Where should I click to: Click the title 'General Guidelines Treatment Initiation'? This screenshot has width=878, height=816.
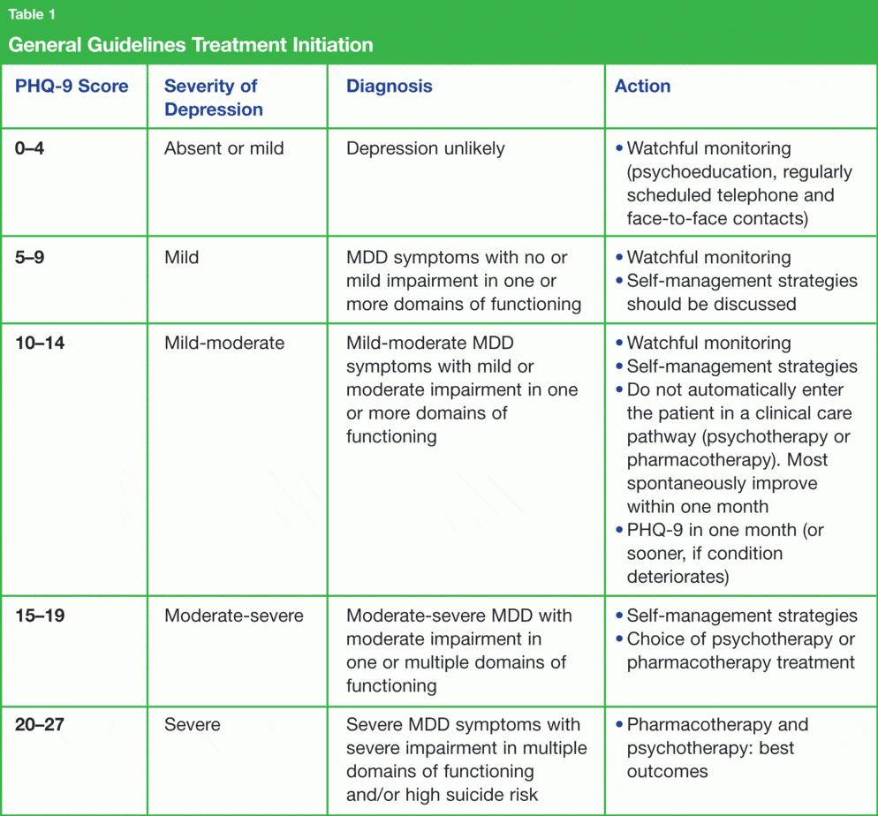[191, 45]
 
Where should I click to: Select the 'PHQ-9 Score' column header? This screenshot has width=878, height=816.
[72, 87]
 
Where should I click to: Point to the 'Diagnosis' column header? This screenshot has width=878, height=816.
[390, 87]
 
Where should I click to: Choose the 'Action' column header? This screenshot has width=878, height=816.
[642, 87]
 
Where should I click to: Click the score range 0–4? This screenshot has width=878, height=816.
[30, 148]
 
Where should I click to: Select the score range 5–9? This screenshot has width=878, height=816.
[30, 258]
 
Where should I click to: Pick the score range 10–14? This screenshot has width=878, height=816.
[40, 344]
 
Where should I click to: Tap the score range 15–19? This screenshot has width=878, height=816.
[40, 616]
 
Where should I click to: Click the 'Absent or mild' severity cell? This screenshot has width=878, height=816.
[224, 148]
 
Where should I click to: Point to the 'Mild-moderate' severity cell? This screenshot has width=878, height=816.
[224, 344]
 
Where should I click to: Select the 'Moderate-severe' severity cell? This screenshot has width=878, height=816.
[234, 616]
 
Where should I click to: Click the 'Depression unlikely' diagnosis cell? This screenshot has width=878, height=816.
[426, 148]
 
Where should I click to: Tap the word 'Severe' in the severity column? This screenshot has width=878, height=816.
[193, 725]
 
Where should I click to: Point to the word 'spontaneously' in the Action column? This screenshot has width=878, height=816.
[686, 484]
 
